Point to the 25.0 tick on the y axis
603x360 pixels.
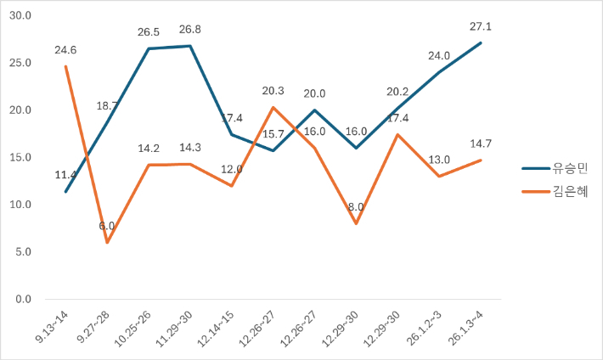(18, 63)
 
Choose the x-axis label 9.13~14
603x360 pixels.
(53, 326)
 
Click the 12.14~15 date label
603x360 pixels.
(216, 328)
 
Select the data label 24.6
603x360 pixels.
(65, 50)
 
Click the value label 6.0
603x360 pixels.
(107, 226)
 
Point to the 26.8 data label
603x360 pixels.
(189, 31)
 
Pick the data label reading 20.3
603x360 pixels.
(273, 91)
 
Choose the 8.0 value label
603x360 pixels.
(356, 206)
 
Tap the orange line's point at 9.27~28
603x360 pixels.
(107, 243)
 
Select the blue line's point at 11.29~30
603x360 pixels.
(189, 46)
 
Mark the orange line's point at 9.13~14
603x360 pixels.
(65, 66)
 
